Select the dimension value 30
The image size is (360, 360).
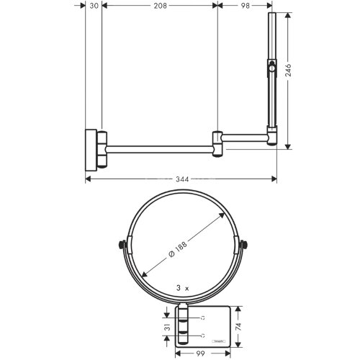94,5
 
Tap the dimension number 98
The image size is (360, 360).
245,5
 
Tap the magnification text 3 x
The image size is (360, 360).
182,287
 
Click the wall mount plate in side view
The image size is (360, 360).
92,147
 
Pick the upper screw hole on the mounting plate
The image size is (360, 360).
204,318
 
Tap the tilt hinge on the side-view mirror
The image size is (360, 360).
271,70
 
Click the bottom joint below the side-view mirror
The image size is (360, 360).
272,136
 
